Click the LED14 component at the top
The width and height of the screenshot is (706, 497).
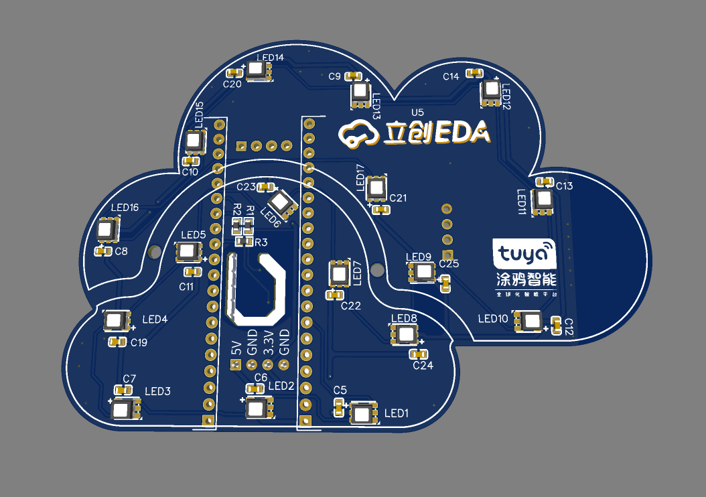point(257,70)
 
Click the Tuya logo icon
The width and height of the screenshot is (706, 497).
point(524,254)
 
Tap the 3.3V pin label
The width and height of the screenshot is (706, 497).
point(268,342)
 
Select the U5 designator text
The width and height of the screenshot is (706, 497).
point(417,111)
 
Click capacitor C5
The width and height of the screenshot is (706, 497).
point(339,406)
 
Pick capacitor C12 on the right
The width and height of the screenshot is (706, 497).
point(555,327)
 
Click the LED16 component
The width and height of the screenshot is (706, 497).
point(107,230)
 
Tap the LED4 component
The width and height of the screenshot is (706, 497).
point(115,321)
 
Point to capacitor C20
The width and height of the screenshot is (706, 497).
point(234,73)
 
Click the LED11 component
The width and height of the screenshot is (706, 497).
point(543,200)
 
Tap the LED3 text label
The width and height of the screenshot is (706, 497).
point(158,391)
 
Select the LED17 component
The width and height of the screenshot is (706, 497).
point(376,188)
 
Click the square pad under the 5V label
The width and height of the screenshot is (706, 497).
point(235,365)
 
